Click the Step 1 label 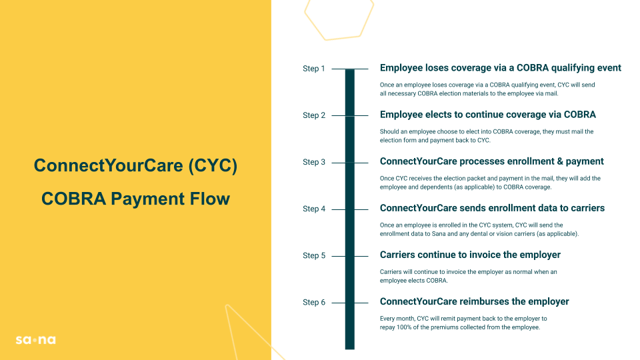314,69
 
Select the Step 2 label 314,115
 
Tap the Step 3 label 314,162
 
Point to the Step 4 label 314,209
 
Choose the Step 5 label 314,255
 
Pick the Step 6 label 314,303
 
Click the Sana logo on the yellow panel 36,339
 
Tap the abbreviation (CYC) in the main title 213,166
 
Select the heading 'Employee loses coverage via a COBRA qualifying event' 501,68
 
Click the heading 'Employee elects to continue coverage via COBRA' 488,115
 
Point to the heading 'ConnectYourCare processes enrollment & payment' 491,161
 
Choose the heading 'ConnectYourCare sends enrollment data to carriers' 492,208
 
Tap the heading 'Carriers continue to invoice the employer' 470,255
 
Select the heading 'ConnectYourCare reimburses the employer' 474,301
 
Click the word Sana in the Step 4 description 439,234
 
